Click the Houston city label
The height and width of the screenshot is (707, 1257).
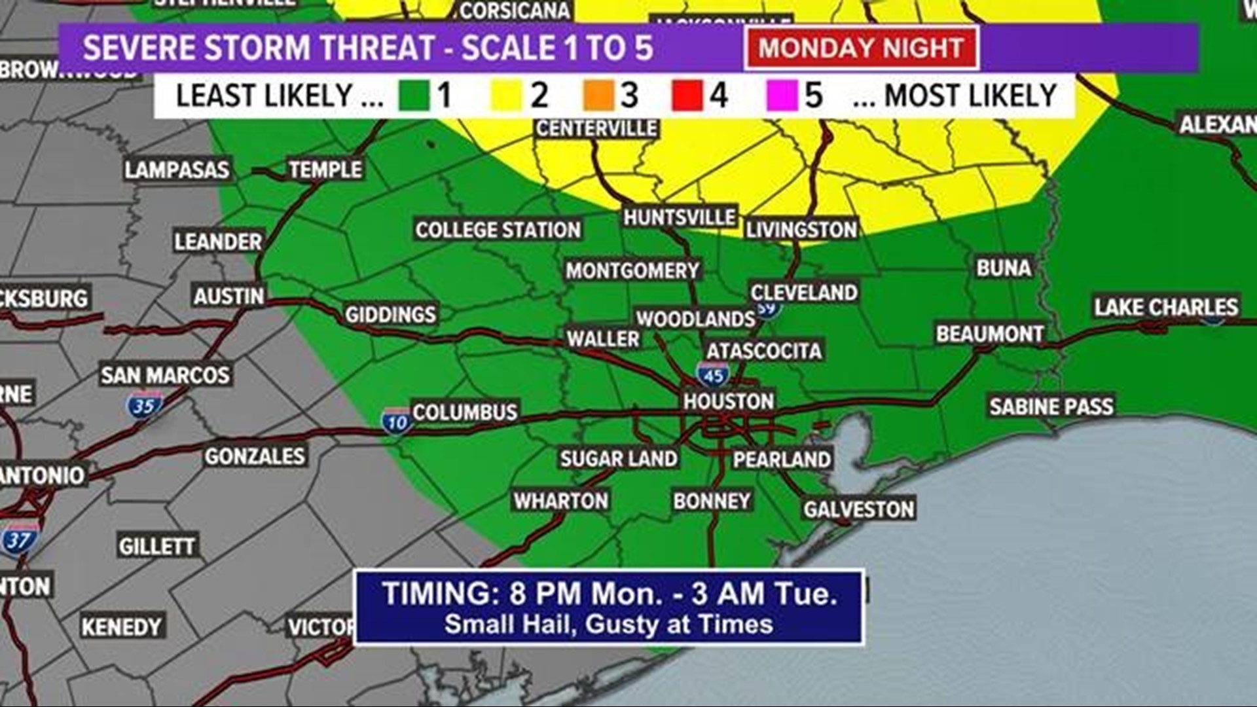tap(729, 401)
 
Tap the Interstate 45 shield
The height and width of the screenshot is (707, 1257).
tap(713, 374)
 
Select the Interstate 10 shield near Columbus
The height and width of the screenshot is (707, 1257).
tap(397, 421)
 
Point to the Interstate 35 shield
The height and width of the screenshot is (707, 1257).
tap(144, 405)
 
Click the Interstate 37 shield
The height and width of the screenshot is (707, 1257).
tap(19, 539)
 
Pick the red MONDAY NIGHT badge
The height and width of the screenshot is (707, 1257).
tap(861, 48)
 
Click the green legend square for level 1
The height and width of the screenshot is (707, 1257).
tap(414, 96)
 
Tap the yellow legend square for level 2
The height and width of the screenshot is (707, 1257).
tap(506, 96)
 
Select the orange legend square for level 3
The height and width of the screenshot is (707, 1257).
tap(599, 96)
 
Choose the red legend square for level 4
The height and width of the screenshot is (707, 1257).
tap(687, 96)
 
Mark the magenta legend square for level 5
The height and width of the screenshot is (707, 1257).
tap(782, 96)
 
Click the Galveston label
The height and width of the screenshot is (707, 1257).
tap(858, 509)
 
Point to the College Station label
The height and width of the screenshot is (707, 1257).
tap(498, 230)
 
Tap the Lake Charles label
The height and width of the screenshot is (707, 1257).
tap(1166, 306)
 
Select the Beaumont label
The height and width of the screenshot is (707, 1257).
tap(989, 334)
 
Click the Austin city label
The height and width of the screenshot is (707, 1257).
tap(228, 296)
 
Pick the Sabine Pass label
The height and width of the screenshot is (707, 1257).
tap(1051, 407)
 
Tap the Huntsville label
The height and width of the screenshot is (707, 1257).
tap(679, 217)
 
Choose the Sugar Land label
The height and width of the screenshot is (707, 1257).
tap(618, 458)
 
